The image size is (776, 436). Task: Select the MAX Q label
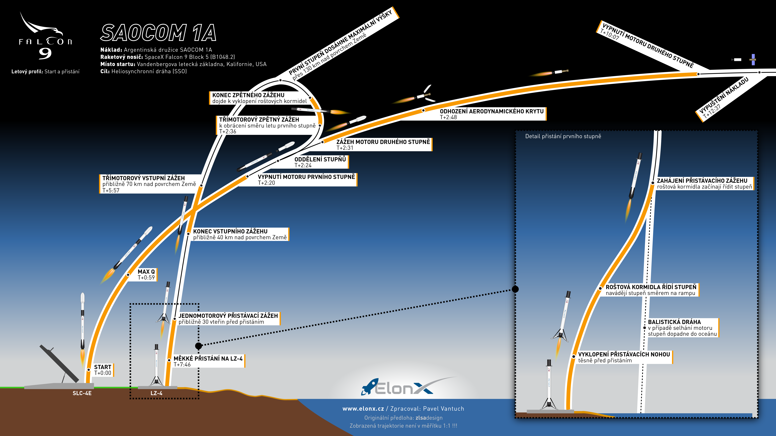(x=146, y=274)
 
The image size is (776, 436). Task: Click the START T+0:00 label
(x=103, y=370)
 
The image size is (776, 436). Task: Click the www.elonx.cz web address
(x=363, y=409)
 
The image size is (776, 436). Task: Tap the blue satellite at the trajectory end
(x=753, y=60)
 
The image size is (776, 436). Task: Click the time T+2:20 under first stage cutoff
(x=266, y=183)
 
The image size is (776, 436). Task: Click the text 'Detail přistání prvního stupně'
(x=563, y=136)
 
